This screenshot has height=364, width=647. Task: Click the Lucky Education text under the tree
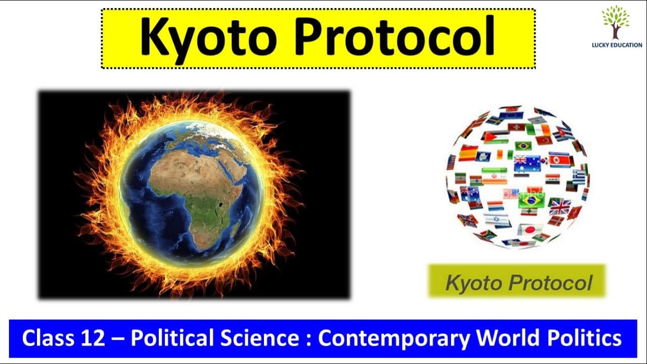tap(617, 45)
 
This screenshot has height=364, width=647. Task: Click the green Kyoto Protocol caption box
tap(517, 282)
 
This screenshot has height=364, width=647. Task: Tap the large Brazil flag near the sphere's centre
tap(531, 200)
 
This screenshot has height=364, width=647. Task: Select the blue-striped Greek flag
tap(579, 177)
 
